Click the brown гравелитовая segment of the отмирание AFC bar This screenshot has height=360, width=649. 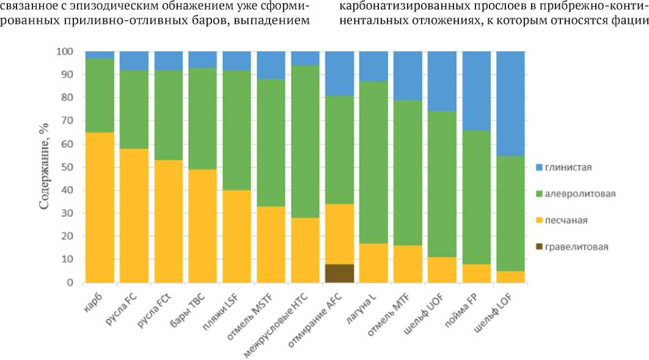click(339, 273)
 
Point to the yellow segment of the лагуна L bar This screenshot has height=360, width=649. click(373, 263)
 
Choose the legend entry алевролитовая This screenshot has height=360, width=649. click(574, 194)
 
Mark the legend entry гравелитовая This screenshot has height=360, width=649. click(573, 247)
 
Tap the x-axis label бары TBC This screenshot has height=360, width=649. click(188, 307)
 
